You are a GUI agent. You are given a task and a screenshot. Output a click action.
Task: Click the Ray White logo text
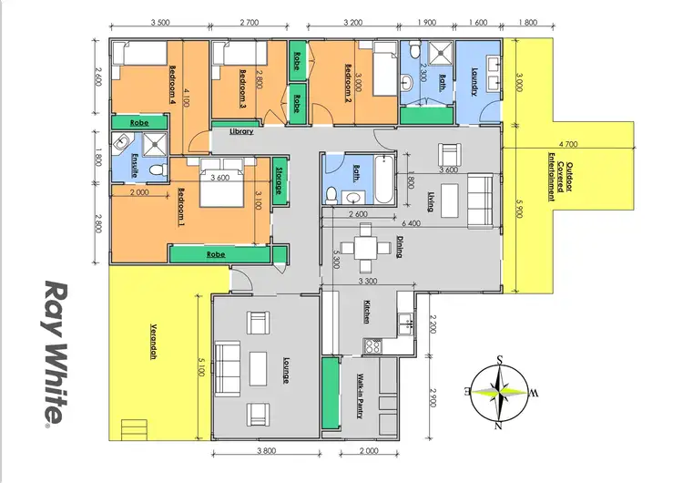pos(56,352)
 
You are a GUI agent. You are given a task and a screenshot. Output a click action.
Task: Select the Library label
pos(241,132)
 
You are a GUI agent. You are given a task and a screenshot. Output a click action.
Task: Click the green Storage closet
pos(281,180)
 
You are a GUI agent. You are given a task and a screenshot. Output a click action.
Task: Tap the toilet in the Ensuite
pos(156,170)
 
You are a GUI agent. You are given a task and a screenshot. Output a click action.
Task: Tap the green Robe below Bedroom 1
pos(216,254)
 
